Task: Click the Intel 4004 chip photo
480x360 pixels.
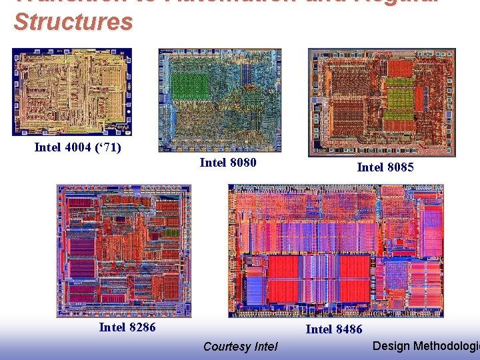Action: tap(72, 91)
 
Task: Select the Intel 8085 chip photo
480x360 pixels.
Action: tap(381, 102)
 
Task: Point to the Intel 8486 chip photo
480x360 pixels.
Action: tap(335, 251)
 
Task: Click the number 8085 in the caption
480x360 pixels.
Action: tap(400, 167)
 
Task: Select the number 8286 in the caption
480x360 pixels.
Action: tap(141, 327)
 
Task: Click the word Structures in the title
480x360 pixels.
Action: tap(73, 22)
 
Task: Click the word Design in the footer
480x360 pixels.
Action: tap(391, 345)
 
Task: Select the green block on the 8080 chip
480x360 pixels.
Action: tap(191, 87)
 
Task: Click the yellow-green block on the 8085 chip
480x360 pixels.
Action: tap(400, 100)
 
